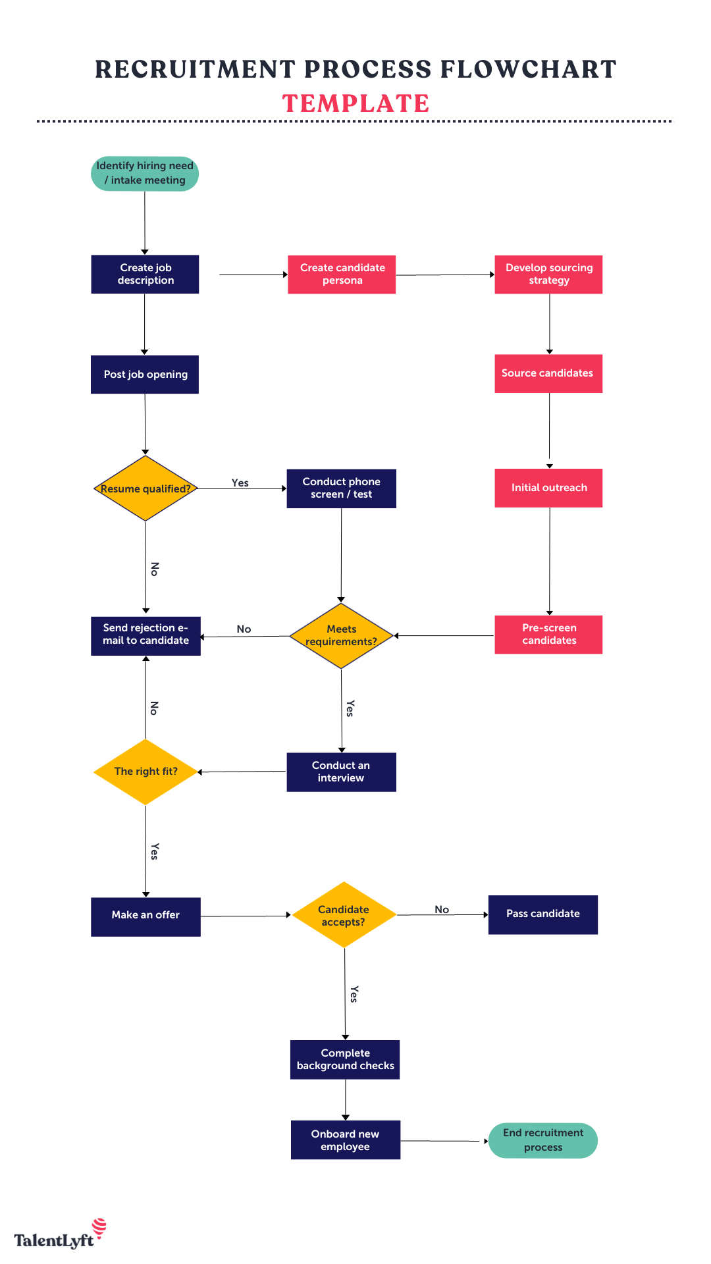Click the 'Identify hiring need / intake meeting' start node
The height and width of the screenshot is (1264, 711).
point(145,174)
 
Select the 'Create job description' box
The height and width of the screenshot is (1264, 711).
point(145,274)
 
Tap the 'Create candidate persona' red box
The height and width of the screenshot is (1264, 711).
point(342,274)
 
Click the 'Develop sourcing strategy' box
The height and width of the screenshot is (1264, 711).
point(548,274)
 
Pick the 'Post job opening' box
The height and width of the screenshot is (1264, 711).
point(145,374)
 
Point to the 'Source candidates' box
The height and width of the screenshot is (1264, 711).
point(548,373)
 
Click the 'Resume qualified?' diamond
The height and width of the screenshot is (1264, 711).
point(145,488)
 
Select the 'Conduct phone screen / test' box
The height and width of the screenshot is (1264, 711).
point(341,488)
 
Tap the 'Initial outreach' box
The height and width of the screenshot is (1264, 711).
point(548,488)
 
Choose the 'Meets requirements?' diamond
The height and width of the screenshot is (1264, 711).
point(341,635)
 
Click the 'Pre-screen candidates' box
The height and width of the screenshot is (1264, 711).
point(548,635)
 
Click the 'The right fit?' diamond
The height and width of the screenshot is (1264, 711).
point(145,772)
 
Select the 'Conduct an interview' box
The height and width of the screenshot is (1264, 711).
point(341,772)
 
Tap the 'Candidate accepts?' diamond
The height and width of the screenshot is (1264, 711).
point(344,915)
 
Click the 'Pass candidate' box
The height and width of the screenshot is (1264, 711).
point(542,914)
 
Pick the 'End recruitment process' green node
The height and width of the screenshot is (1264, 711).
point(542,1140)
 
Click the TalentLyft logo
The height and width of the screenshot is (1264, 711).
point(59,1235)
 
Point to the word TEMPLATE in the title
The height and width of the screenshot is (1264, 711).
point(355,103)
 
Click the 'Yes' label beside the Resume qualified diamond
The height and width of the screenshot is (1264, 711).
point(240,483)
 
